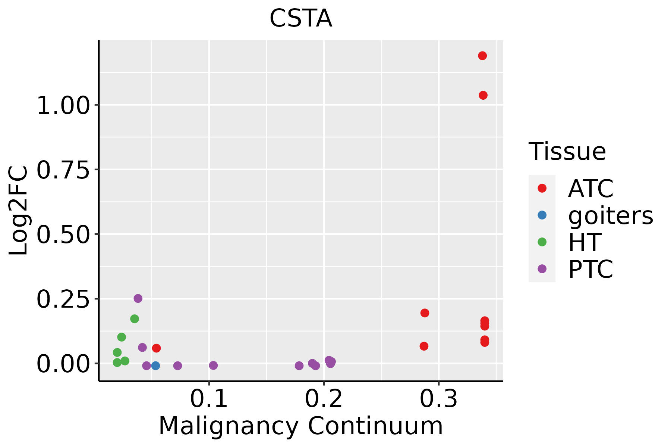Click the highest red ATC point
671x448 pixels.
point(482,56)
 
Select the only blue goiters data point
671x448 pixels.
point(155,365)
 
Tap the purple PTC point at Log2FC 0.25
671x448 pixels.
point(138,298)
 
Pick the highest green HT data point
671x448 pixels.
point(135,319)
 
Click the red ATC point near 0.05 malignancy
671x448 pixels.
point(156,348)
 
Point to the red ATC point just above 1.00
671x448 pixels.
point(483,95)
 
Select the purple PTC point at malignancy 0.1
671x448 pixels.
point(213,365)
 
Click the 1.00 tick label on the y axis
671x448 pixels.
point(63,106)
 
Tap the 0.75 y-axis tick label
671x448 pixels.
point(63,170)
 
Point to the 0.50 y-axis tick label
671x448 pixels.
point(63,235)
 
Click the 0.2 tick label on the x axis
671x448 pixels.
point(324,399)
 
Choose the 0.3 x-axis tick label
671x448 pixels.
point(438,399)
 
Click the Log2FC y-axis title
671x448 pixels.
point(19,211)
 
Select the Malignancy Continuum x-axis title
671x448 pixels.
point(300,426)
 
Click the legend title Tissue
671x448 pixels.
point(567,152)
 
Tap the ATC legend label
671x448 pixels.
point(590,189)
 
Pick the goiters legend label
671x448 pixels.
point(610,215)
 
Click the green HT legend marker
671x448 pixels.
point(542,242)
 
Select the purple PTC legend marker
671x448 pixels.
point(542,269)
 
